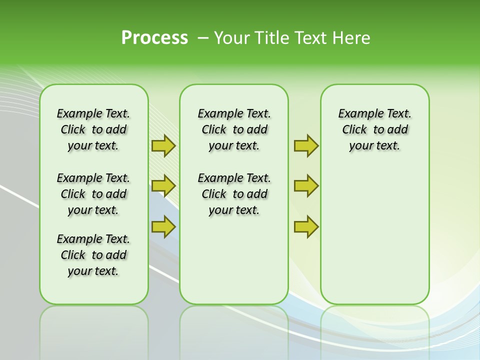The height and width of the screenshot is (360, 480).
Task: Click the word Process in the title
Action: [x=154, y=38]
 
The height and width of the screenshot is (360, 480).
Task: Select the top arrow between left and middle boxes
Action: [x=163, y=145]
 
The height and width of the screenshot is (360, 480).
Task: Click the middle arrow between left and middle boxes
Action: [x=163, y=186]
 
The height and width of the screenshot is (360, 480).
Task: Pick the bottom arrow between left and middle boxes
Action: [x=163, y=226]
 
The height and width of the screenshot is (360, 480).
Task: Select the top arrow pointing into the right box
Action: [x=306, y=145]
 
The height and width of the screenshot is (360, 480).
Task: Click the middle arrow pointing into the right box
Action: [x=306, y=186]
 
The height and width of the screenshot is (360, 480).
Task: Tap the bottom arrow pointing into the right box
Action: [x=306, y=226]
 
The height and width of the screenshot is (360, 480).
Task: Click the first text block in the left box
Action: [x=93, y=129]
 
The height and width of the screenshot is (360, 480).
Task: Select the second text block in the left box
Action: [x=93, y=194]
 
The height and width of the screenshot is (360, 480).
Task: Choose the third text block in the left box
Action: [x=93, y=255]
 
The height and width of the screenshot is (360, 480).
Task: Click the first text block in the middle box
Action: [x=234, y=129]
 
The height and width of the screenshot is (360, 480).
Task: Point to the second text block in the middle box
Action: [x=234, y=194]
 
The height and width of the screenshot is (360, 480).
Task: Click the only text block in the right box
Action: [x=374, y=129]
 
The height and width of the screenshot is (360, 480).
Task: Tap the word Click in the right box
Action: [x=354, y=129]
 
